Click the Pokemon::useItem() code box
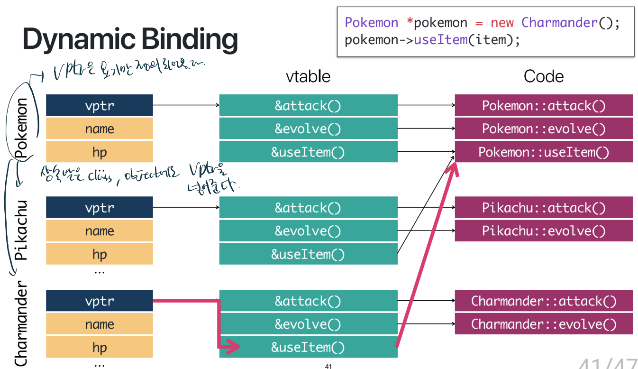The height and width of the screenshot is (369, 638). [543, 152]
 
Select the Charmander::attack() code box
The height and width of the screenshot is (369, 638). [543, 301]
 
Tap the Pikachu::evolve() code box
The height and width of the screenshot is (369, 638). [543, 231]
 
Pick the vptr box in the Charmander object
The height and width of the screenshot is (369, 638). [99, 301]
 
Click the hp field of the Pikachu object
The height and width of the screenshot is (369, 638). [99, 254]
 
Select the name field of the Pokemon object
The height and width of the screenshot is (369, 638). [99, 129]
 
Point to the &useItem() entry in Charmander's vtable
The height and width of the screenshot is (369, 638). [308, 347]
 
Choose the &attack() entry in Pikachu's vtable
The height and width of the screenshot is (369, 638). [308, 208]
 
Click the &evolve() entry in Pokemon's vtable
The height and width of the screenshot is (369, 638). [308, 129]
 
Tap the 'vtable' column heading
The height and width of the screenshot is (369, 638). [308, 76]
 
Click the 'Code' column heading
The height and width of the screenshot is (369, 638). [543, 76]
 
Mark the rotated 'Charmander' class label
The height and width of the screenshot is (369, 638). [22, 324]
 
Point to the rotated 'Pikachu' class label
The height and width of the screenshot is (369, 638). [22, 231]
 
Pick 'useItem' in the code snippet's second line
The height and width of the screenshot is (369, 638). [441, 39]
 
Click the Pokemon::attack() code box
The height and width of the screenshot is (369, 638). [543, 105]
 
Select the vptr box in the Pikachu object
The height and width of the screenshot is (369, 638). [99, 208]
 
